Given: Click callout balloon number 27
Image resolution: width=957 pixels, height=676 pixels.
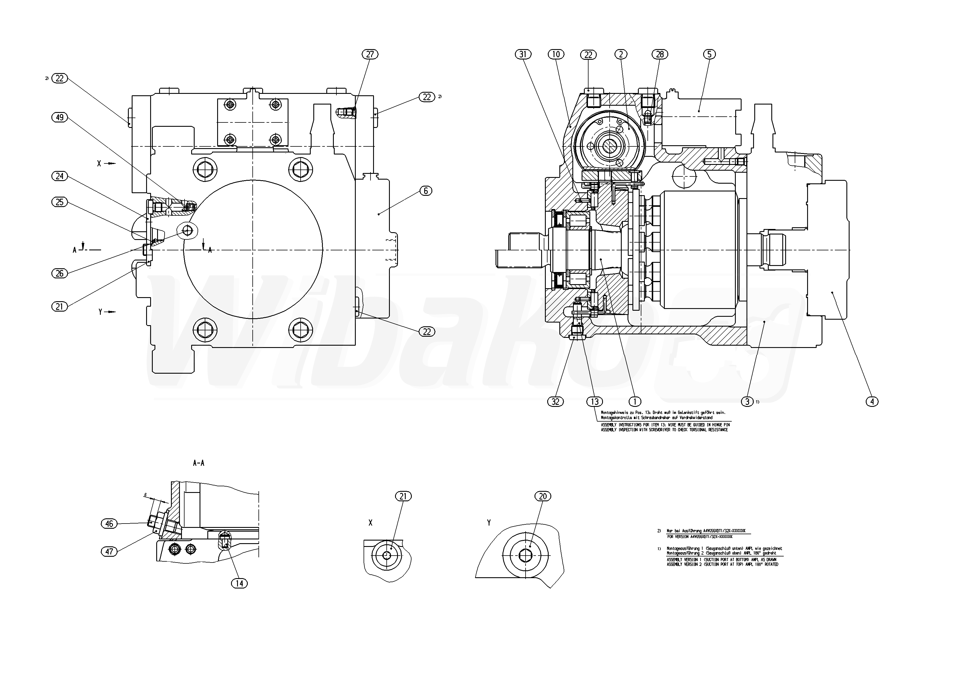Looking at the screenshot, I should (x=370, y=54).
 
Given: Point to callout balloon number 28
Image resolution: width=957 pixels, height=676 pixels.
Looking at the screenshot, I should (x=660, y=54).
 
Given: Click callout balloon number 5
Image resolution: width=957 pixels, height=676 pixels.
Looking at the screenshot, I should (x=709, y=54).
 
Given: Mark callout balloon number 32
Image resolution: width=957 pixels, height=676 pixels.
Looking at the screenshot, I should (x=556, y=401).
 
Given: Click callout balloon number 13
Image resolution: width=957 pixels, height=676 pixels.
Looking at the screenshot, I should (x=594, y=401).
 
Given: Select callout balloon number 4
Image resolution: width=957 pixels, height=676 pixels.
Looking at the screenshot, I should (x=872, y=401).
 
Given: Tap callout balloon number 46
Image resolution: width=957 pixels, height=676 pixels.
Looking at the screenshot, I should (x=109, y=524).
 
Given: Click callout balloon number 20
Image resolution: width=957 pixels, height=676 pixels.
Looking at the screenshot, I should (x=543, y=496).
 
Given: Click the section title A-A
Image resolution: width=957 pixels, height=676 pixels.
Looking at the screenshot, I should (x=199, y=463).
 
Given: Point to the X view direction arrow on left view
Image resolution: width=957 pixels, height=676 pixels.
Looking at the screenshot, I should (x=109, y=163).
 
